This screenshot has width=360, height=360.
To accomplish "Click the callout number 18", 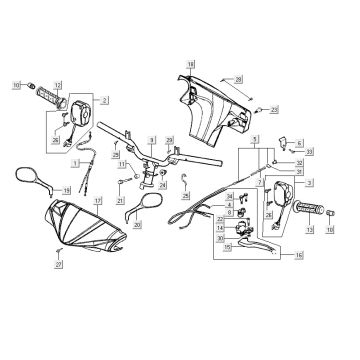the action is point(190,65).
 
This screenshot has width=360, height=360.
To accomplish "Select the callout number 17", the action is point(98,200).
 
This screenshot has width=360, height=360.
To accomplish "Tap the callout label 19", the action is point(66,190).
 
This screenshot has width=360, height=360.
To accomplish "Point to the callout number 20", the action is point(164,226).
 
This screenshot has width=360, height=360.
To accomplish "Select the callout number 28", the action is point(238,77).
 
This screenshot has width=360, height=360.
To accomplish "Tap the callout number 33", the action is point(311,150).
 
